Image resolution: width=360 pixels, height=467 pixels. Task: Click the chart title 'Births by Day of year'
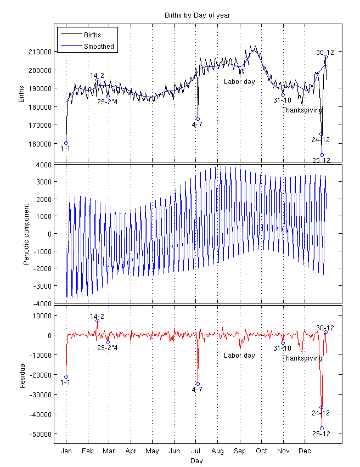click(x=196, y=15)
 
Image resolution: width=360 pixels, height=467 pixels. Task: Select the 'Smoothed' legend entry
click(x=99, y=47)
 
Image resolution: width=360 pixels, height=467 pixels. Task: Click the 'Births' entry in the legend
click(x=92, y=35)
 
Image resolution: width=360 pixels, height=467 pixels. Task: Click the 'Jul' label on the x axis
click(x=196, y=451)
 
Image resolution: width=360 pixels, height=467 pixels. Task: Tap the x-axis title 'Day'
click(x=196, y=461)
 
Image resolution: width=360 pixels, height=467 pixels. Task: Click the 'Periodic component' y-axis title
click(x=26, y=234)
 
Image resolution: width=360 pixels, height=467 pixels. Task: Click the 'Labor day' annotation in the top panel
click(x=239, y=82)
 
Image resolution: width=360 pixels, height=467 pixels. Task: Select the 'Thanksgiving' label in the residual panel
click(x=302, y=358)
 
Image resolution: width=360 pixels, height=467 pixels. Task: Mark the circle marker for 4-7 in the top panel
click(x=198, y=119)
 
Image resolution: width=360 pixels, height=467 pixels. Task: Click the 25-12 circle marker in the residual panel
click(x=322, y=428)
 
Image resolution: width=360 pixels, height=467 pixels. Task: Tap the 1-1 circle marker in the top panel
click(x=66, y=143)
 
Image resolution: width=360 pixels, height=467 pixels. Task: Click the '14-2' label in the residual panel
click(x=97, y=317)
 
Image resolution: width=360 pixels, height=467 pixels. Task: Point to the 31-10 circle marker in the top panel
click(x=283, y=94)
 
